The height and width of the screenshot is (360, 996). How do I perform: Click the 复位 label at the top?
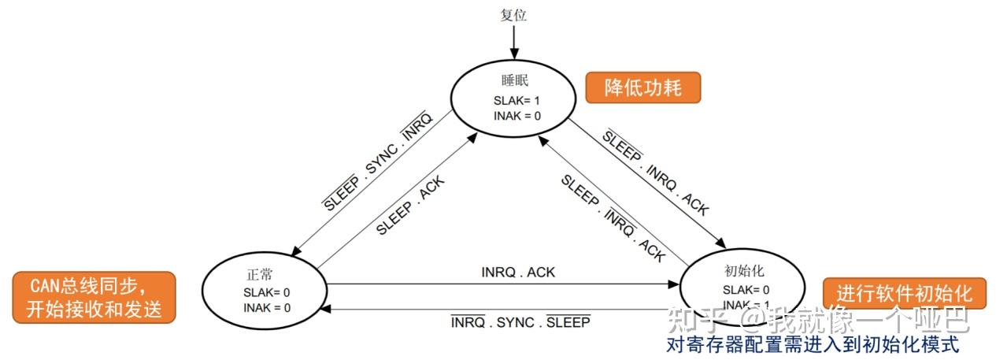[x=513, y=14]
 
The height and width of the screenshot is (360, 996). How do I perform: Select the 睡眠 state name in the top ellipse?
[x=513, y=81]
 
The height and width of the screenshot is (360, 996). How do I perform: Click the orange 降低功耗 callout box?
[x=642, y=87]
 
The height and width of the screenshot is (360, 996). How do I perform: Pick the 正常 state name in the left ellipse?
[x=259, y=275]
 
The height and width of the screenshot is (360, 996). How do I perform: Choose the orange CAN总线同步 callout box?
[x=94, y=297]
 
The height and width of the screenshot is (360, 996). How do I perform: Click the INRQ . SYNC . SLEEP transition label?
[x=520, y=321]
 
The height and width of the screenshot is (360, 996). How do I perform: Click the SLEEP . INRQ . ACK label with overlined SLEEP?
[x=655, y=172]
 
